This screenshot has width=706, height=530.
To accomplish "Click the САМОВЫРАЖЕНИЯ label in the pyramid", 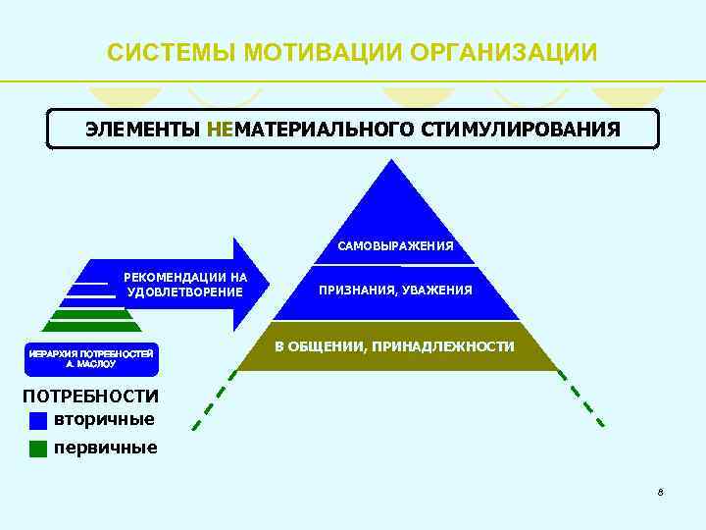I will tap(395, 245).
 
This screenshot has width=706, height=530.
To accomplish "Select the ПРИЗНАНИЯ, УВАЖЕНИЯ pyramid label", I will tap(395, 291).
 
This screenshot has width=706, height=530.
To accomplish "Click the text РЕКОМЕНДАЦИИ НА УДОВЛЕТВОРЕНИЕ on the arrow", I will tap(184, 285).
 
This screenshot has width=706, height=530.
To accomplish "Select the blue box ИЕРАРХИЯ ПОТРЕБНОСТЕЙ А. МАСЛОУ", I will tap(90, 358).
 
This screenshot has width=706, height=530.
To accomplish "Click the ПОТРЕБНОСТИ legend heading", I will tap(90, 397).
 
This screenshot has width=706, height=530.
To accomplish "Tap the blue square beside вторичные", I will tap(38, 420).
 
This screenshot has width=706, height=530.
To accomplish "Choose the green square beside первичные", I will tap(38, 449).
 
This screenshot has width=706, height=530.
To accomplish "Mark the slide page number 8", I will tap(661, 491).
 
